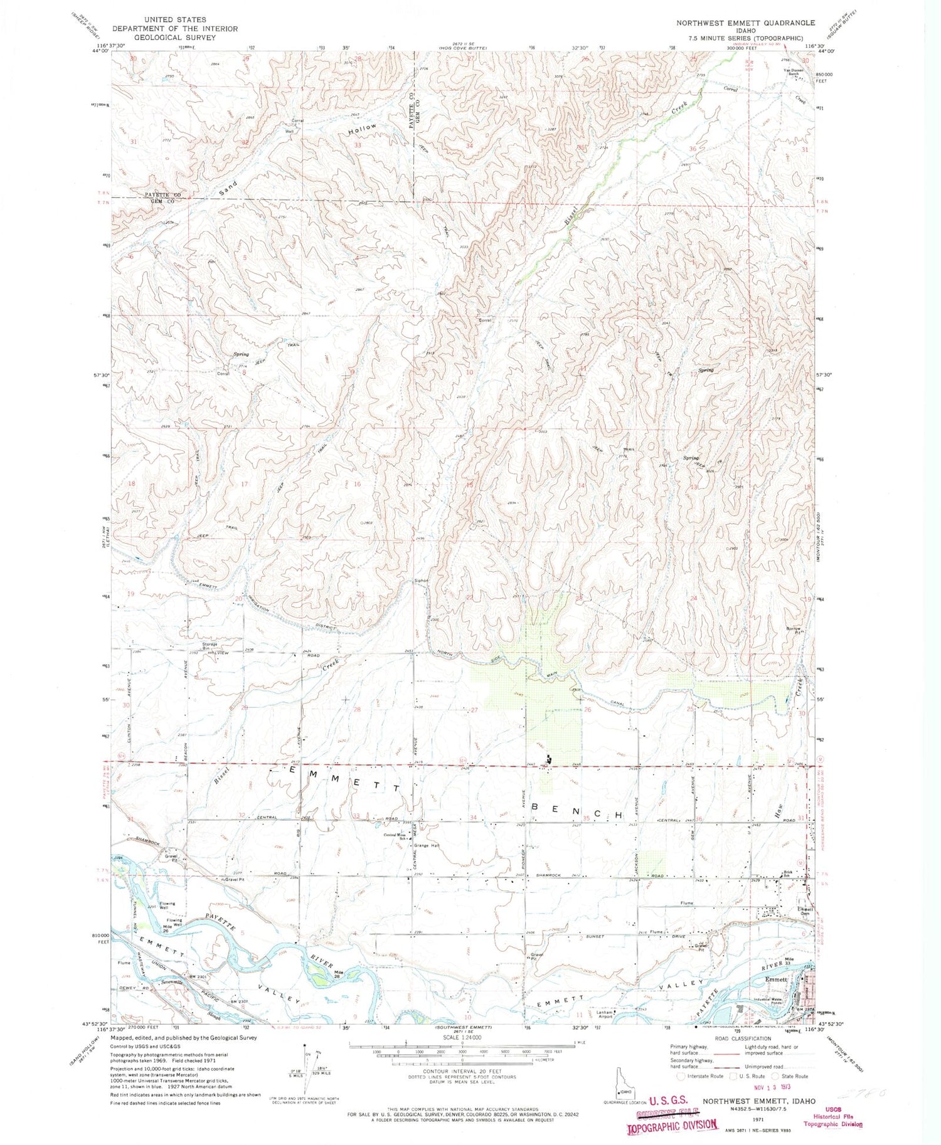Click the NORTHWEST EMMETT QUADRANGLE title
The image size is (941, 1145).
tap(745, 23)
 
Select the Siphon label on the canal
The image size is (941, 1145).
tap(421, 581)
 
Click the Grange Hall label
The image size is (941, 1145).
tap(426, 845)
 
